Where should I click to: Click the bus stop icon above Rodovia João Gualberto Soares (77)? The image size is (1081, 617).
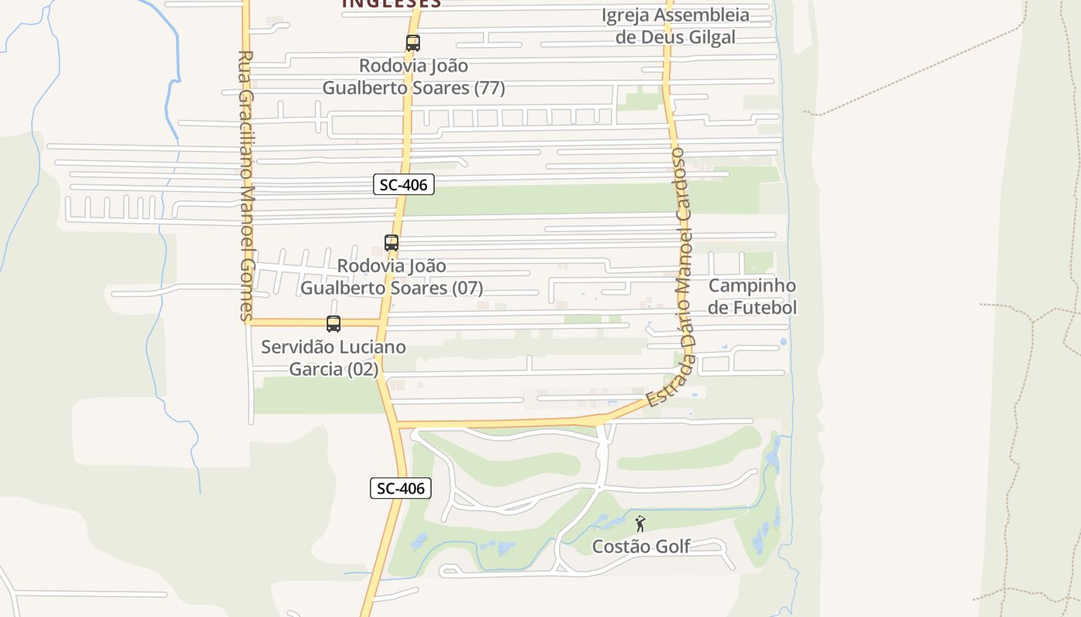click(x=413, y=43)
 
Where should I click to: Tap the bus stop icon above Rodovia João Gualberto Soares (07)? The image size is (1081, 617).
click(x=391, y=243)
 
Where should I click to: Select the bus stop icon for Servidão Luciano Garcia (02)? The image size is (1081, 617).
click(x=334, y=324)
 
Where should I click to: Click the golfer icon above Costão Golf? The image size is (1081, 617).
click(x=640, y=524)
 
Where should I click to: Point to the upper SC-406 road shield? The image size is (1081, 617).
click(x=404, y=184)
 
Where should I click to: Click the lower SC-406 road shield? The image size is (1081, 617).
click(x=401, y=488)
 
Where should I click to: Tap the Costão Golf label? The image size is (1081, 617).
click(x=641, y=547)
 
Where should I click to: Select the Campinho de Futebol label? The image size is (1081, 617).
click(x=752, y=297)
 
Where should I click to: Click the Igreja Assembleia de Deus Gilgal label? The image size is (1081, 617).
click(x=676, y=25)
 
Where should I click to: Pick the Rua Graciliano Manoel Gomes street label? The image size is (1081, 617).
click(x=246, y=185)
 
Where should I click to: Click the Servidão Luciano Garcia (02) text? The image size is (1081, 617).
click(x=334, y=358)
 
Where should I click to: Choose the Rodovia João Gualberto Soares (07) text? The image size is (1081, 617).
click(x=391, y=277)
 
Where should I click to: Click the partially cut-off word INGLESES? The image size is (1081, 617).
click(x=391, y=4)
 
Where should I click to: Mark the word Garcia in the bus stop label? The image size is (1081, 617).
click(x=316, y=369)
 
